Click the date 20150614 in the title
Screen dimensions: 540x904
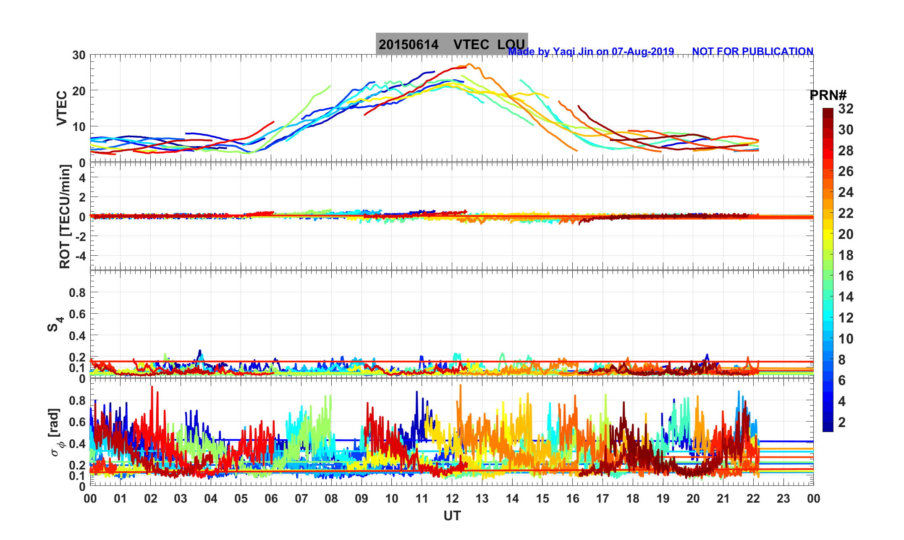409,45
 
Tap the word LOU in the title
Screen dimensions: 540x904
511,45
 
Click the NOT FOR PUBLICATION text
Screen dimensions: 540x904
752,51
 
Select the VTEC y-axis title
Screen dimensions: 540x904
62,108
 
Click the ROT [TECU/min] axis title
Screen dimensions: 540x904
65,217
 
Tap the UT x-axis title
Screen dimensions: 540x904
452,516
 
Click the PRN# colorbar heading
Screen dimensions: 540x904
828,95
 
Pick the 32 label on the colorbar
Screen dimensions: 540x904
846,109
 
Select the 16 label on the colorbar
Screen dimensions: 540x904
846,276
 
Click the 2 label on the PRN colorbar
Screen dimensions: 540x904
842,422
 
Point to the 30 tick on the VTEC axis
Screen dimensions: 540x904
79,55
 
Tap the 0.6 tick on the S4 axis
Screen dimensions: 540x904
77,314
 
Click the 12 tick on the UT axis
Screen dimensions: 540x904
452,499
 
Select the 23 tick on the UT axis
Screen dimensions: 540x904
783,499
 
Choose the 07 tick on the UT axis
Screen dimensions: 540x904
301,499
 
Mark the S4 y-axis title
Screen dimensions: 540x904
55,324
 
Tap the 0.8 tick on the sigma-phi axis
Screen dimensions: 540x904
77,400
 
